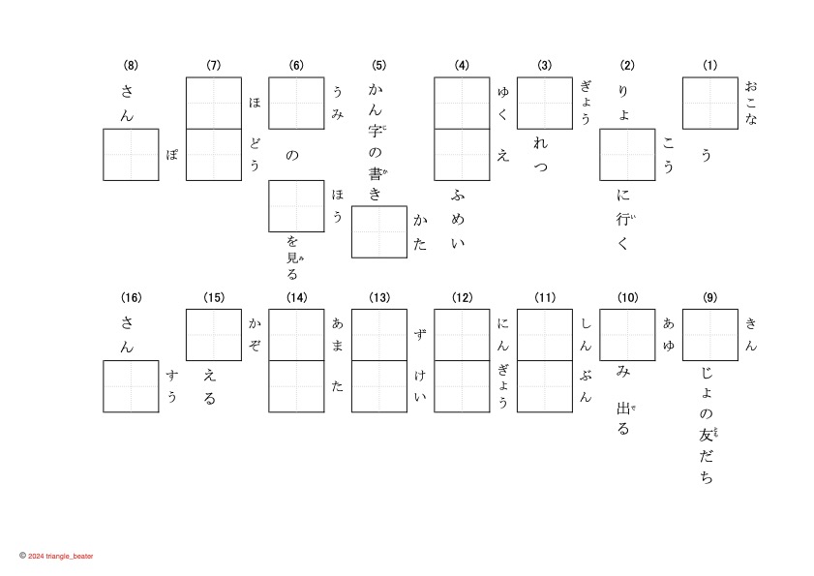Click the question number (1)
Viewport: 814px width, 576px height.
tap(710, 66)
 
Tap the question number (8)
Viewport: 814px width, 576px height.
tap(131, 66)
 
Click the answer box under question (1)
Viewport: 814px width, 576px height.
tap(710, 104)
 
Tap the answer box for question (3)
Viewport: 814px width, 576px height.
tap(545, 104)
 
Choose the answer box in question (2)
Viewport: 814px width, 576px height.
tap(628, 155)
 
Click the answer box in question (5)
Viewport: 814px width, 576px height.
tap(379, 231)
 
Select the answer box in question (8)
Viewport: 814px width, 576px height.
tap(131, 155)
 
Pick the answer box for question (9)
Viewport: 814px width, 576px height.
tap(710, 335)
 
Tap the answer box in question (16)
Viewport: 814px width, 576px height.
tap(131, 386)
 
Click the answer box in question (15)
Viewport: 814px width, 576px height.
tap(214, 335)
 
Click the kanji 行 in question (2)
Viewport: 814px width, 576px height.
tap(623, 220)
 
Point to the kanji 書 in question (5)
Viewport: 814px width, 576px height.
tap(377, 174)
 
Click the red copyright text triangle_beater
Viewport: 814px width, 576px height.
tap(60, 557)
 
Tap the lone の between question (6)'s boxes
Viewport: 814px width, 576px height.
tap(292, 155)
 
